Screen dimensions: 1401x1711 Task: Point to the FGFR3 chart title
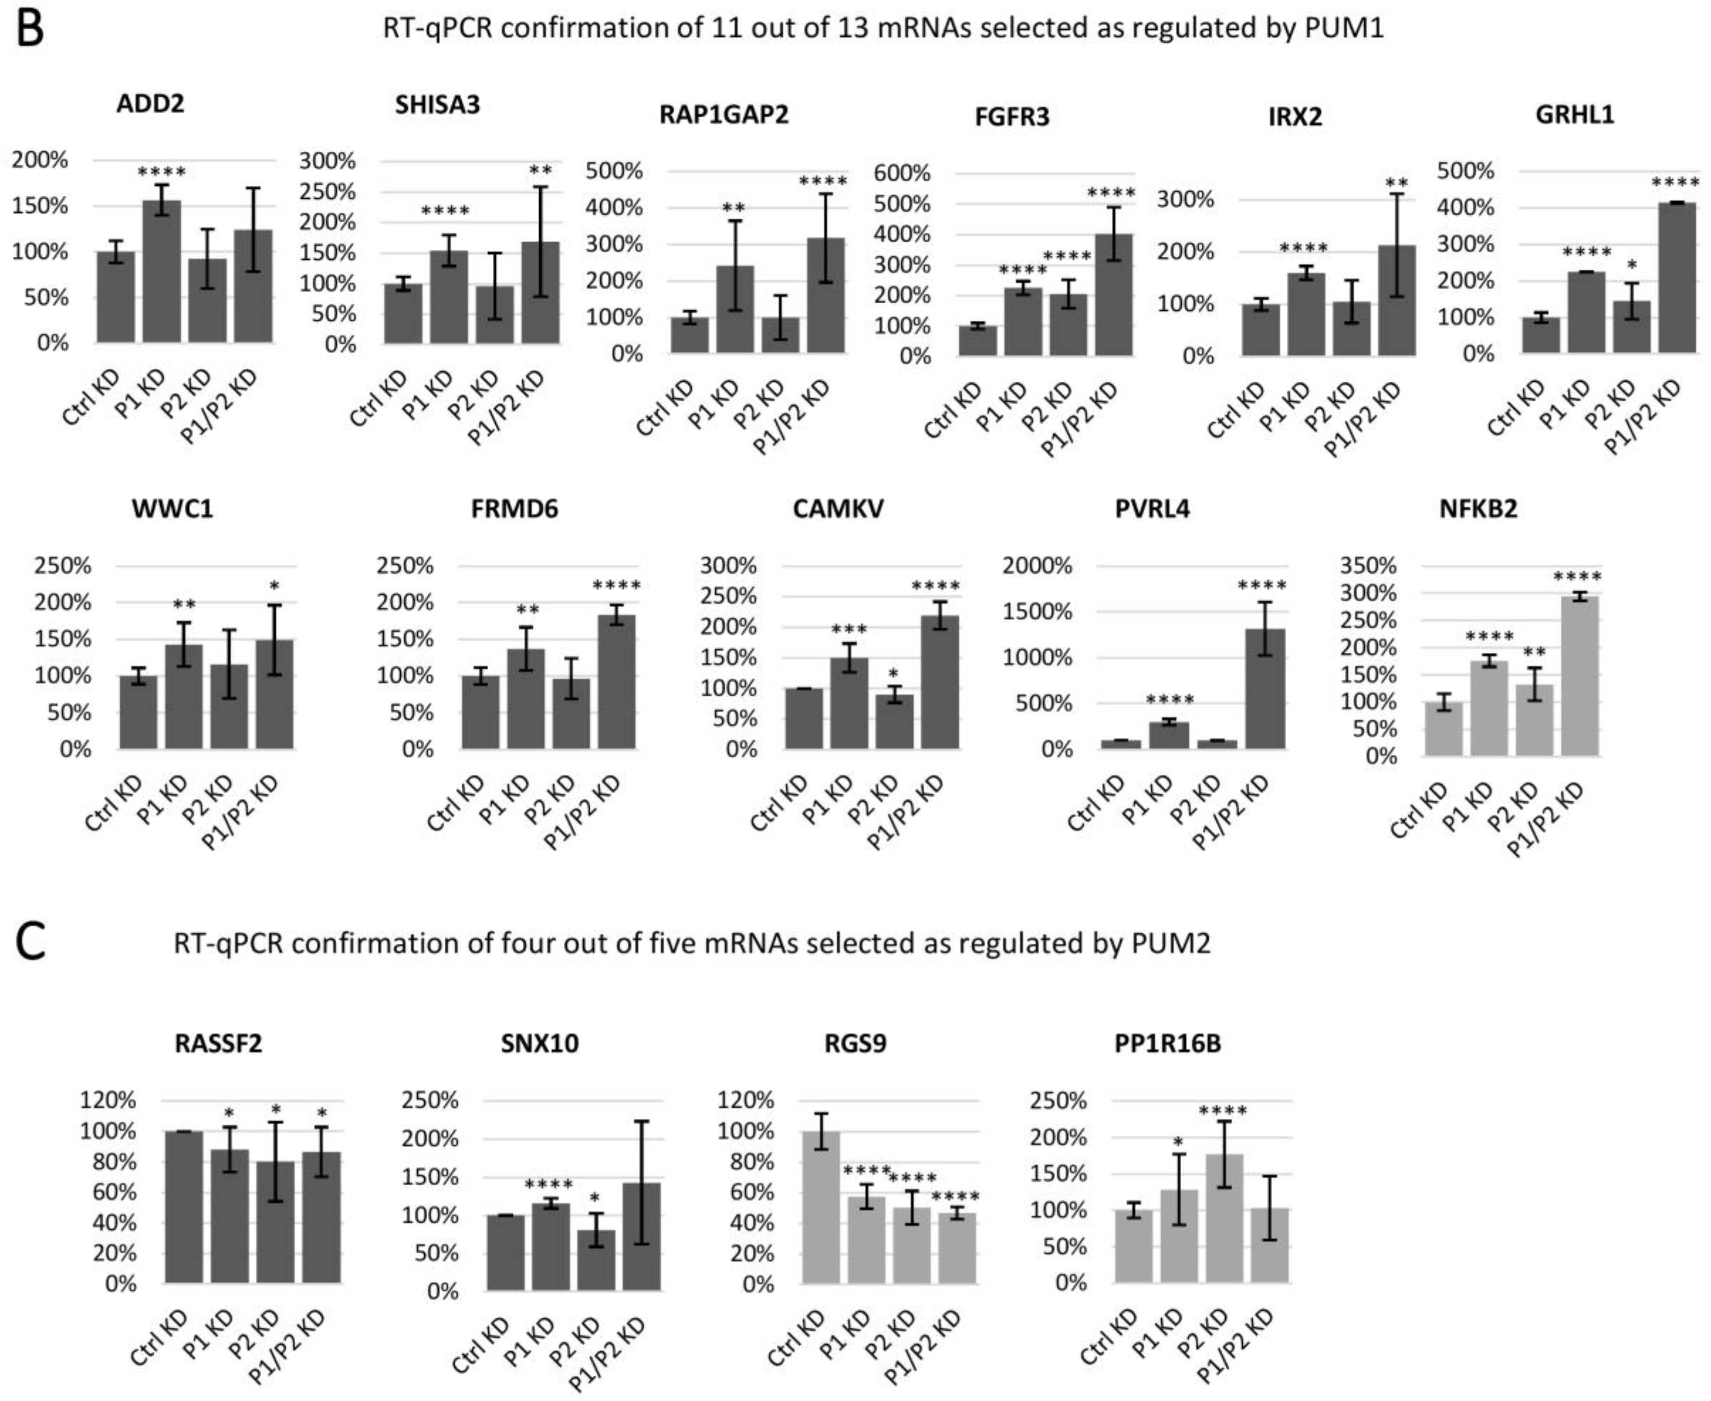(x=1012, y=117)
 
